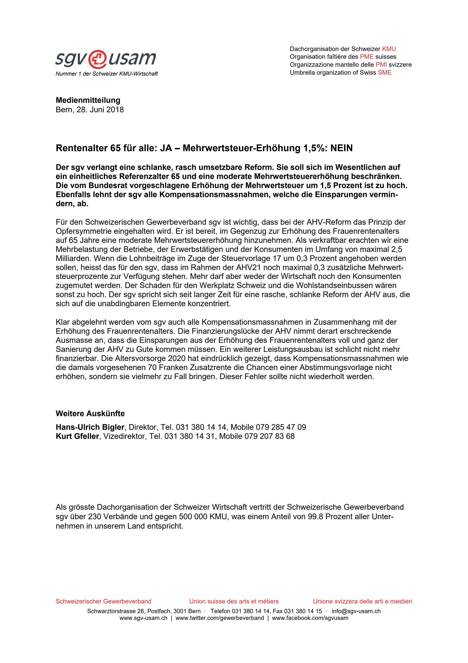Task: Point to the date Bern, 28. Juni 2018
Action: point(90,110)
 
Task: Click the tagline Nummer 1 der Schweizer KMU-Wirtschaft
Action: point(107,74)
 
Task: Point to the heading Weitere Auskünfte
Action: point(90,414)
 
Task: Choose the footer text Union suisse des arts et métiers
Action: point(234,602)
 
